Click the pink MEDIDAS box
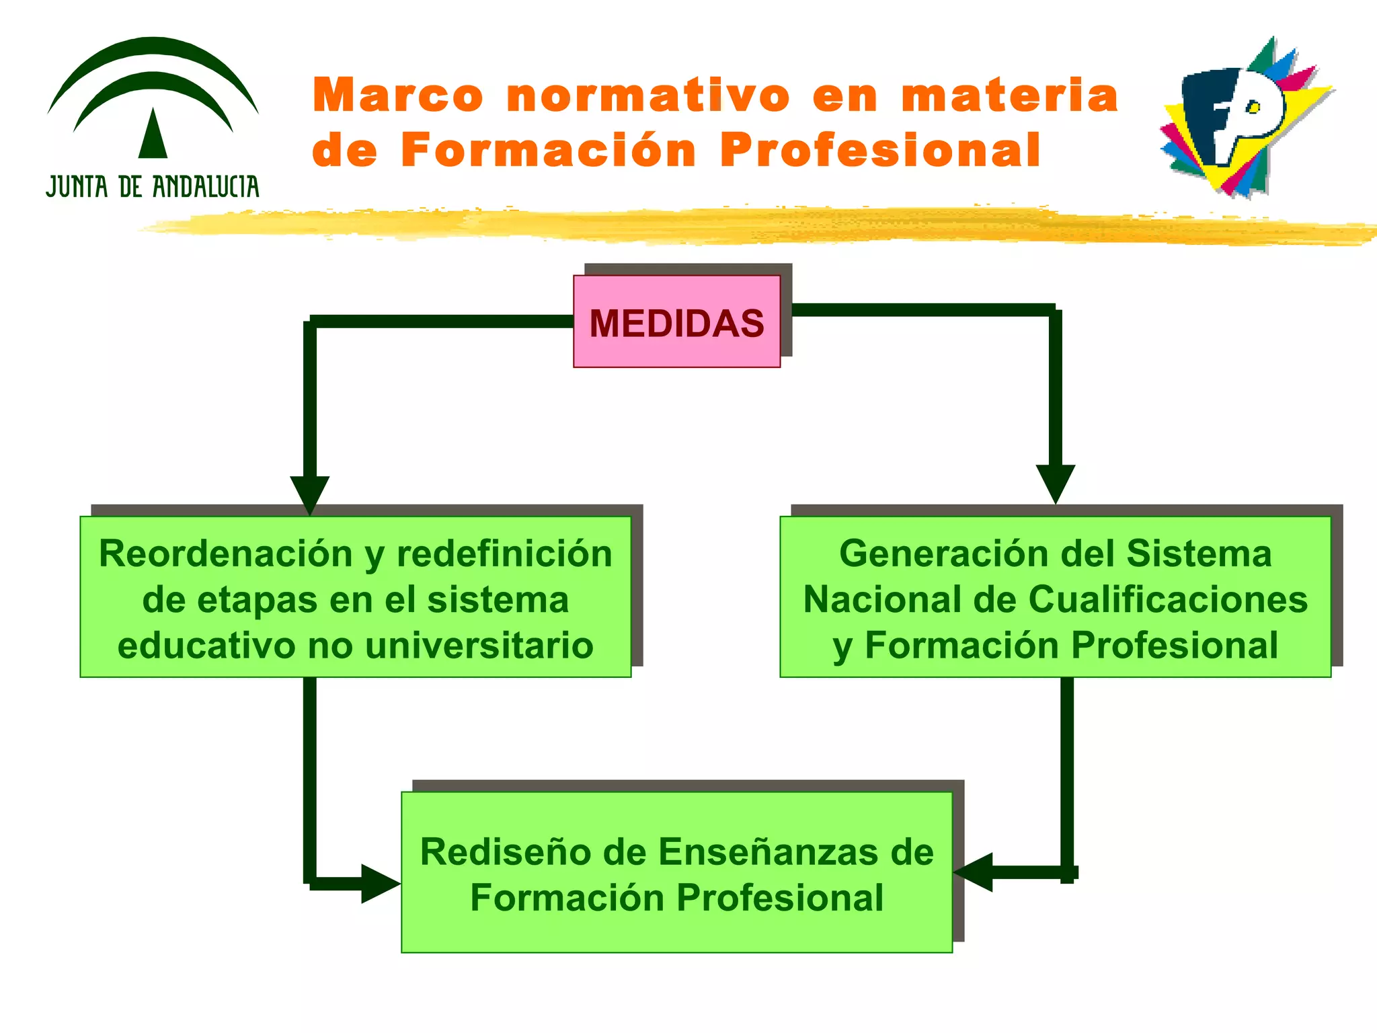[x=676, y=322]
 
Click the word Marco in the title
[x=398, y=95]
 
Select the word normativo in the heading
[x=648, y=95]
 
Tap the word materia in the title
[x=1010, y=95]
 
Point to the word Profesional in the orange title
[x=880, y=150]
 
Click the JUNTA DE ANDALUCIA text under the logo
[x=153, y=187]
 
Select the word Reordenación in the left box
[x=225, y=554]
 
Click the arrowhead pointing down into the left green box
[x=310, y=493]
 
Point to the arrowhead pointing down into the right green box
[x=1055, y=482]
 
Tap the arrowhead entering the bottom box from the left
[x=379, y=884]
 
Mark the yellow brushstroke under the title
[x=740, y=226]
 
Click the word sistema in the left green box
[x=498, y=600]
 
